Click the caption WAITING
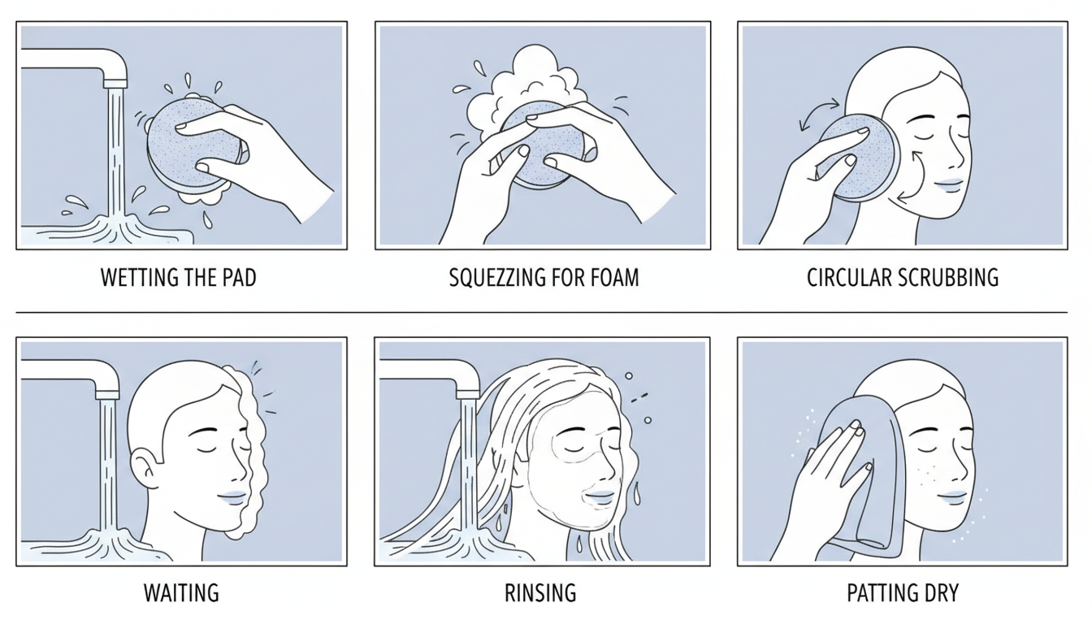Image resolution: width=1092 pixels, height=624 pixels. pos(181,592)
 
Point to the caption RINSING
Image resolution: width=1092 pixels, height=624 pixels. pos(540,592)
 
